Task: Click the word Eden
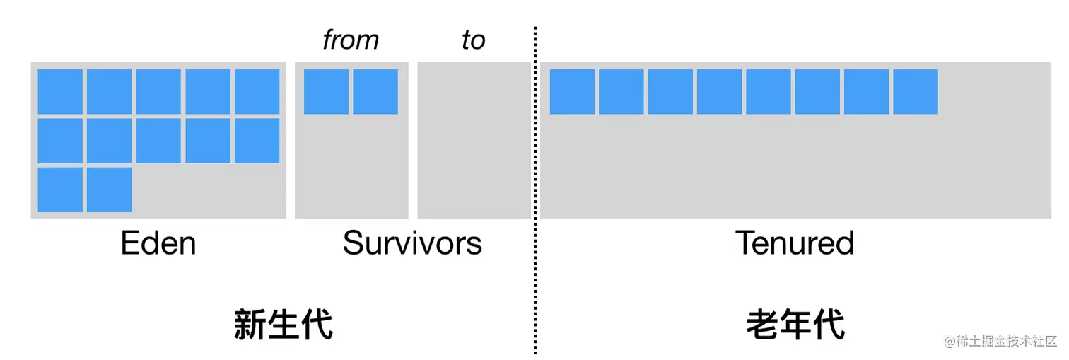tap(158, 243)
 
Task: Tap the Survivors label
tap(412, 243)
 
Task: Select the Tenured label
tap(795, 243)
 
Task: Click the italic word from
tap(351, 40)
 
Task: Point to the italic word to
tap(473, 40)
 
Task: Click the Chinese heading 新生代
tap(283, 325)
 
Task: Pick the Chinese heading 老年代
tap(795, 325)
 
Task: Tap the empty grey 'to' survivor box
tap(474, 141)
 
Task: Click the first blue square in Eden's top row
tap(60, 91)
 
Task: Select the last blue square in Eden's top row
tap(257, 91)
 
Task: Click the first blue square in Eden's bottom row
tap(60, 190)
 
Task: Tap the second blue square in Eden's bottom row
tap(109, 190)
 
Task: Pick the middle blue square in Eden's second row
tap(158, 141)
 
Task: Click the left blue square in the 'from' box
tap(326, 91)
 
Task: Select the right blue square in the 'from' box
tap(375, 91)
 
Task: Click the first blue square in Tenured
tap(572, 91)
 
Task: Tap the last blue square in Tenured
tap(916, 91)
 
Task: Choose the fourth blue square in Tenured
tap(719, 91)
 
